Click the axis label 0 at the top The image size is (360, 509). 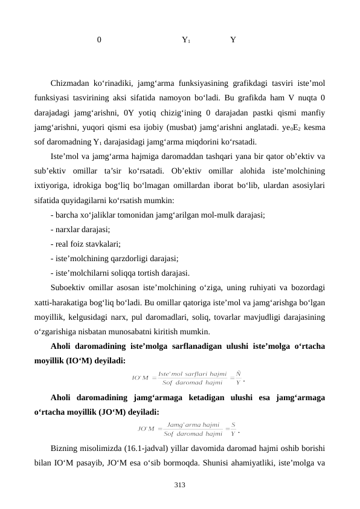click(x=99, y=41)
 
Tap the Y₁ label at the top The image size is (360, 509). click(x=186, y=41)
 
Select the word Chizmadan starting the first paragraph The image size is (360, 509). click(x=71, y=83)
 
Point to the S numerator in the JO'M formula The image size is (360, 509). click(x=233, y=425)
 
